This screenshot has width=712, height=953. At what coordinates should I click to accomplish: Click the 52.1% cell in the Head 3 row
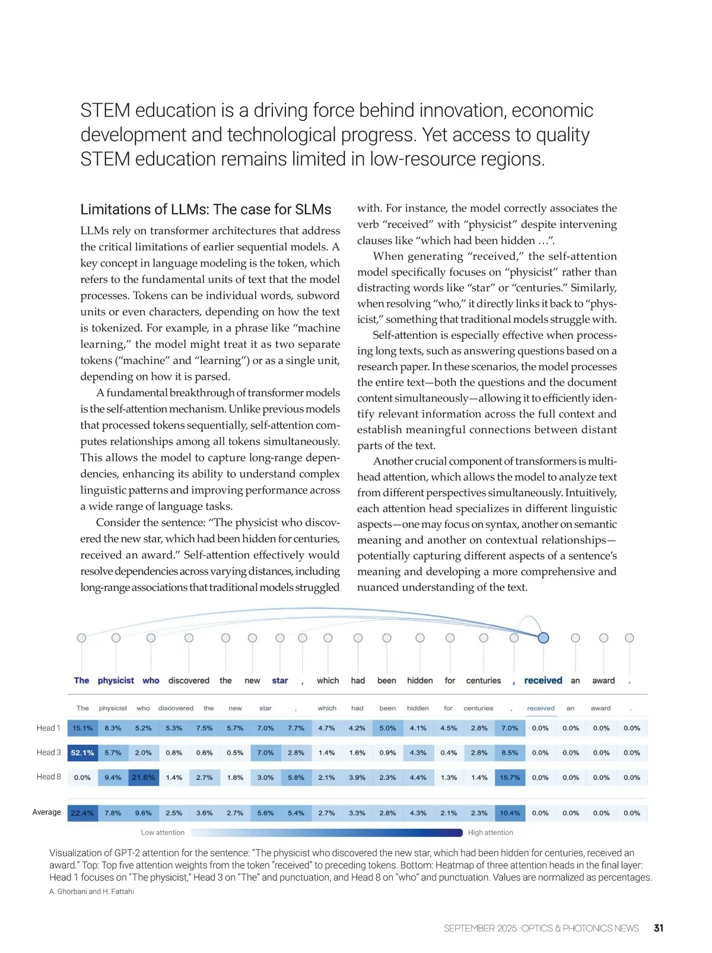(82, 752)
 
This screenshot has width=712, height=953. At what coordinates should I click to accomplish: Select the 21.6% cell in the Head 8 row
(144, 777)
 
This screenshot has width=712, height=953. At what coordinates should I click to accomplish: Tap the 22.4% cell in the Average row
(82, 813)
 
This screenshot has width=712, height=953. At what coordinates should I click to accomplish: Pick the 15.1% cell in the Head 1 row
(82, 728)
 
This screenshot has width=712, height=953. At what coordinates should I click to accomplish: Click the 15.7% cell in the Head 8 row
(510, 777)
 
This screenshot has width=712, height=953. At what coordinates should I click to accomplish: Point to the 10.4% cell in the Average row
(510, 813)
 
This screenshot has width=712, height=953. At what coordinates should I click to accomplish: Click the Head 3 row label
(49, 752)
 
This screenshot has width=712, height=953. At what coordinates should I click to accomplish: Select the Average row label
(47, 812)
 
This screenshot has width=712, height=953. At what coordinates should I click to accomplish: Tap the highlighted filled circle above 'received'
(543, 638)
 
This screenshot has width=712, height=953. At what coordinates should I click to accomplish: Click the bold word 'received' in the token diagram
(543, 681)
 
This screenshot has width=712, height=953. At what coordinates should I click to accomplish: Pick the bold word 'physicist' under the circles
(116, 681)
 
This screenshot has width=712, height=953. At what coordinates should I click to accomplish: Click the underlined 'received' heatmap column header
(541, 708)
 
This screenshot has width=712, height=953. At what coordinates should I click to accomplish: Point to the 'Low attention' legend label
(163, 833)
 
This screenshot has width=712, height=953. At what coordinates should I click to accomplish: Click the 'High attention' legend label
(490, 833)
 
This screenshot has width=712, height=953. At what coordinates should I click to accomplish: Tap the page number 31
(659, 928)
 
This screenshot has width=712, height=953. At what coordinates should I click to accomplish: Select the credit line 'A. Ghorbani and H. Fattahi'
(91, 891)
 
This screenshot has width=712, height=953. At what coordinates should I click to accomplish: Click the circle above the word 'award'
(603, 638)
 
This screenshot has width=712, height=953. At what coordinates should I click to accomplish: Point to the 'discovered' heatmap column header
(176, 708)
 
